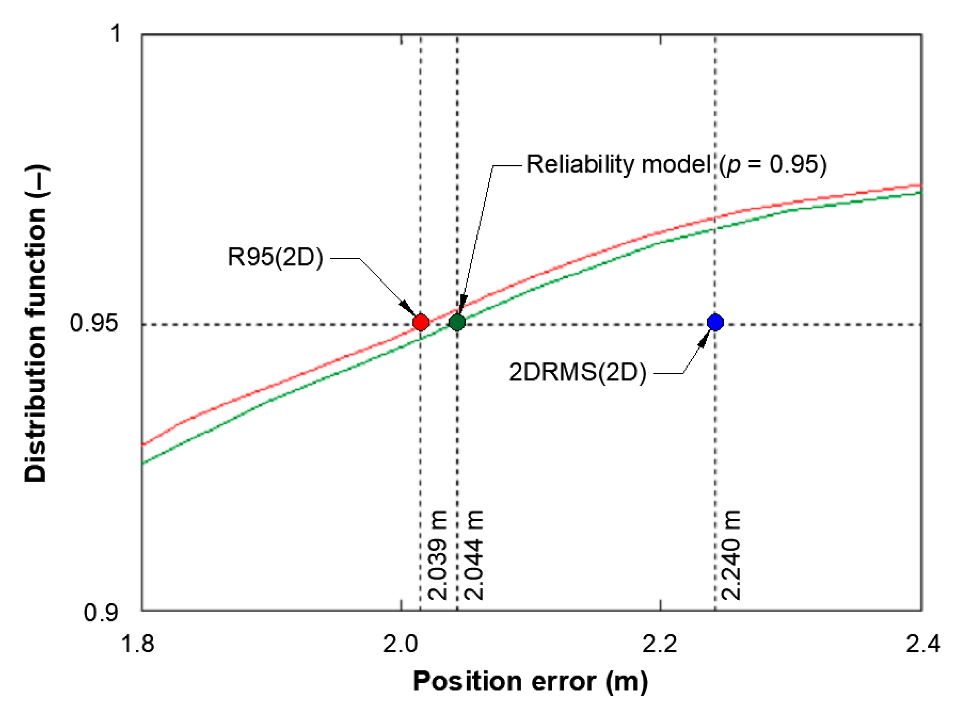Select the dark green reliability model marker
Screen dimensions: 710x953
(457, 322)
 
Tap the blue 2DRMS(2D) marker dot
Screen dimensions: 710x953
(715, 322)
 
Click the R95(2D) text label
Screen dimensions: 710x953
(275, 258)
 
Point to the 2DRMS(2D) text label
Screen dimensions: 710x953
(577, 372)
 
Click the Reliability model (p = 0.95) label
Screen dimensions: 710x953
(676, 165)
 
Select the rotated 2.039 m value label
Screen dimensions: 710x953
(438, 555)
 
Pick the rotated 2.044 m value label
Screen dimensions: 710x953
(474, 555)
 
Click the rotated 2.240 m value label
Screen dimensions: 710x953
(731, 555)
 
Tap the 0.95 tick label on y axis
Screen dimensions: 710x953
(94, 323)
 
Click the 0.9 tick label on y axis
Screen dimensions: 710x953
(101, 613)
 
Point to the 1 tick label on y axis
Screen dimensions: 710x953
(116, 33)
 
